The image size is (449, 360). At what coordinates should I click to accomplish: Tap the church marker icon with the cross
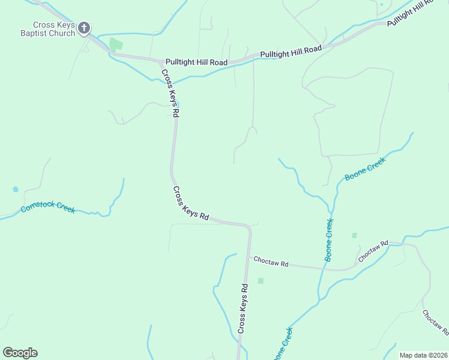pos(85,28)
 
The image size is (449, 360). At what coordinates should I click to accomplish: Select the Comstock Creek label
pos(48,208)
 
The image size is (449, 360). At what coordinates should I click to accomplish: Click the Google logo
pos(20,353)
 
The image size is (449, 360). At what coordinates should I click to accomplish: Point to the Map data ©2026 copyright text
pos(423,355)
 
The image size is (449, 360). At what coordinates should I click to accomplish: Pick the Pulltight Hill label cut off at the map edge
pos(410,13)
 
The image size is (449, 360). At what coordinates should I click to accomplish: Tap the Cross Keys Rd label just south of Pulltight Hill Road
pos(170,92)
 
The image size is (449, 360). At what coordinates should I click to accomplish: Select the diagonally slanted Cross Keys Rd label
pos(190,204)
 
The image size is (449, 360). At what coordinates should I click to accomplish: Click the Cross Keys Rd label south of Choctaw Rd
pos(243,308)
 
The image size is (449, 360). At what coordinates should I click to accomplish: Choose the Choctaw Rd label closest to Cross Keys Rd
pos(271,262)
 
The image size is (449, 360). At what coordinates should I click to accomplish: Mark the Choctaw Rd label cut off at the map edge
pos(435,322)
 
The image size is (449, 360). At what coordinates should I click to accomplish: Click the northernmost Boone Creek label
pos(364,170)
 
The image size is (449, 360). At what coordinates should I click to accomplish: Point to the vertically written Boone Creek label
pos(329,239)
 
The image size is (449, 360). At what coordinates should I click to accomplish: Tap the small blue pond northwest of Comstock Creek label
pos(15,189)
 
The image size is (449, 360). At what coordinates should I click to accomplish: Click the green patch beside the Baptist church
pos(115,44)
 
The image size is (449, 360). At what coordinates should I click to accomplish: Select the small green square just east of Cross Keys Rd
pos(261,280)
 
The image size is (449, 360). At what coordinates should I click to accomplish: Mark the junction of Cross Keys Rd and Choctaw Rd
pos(248,257)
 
